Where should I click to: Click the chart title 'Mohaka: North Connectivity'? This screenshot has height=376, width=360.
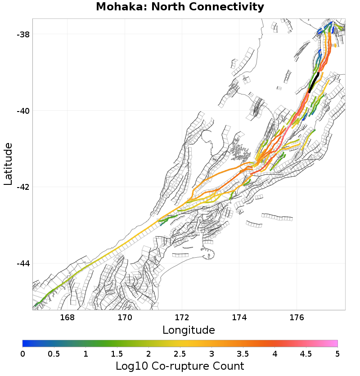tap(180, 7)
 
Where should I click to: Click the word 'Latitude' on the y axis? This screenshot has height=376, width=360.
tap(8, 164)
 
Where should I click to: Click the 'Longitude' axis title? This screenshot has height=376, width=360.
tap(189, 330)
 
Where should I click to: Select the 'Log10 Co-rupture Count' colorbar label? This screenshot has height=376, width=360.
tap(180, 366)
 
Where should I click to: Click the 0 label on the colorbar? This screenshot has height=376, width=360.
tap(23, 354)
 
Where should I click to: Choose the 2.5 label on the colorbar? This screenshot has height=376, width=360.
tap(180, 354)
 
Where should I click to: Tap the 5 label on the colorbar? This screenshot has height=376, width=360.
tap(337, 354)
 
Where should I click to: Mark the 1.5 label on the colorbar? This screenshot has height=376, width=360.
tap(117, 354)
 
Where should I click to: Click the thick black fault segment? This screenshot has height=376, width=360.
tap(314, 81)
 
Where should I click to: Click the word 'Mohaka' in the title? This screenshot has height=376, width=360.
tap(117, 7)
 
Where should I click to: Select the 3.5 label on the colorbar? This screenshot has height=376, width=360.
tap(243, 354)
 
